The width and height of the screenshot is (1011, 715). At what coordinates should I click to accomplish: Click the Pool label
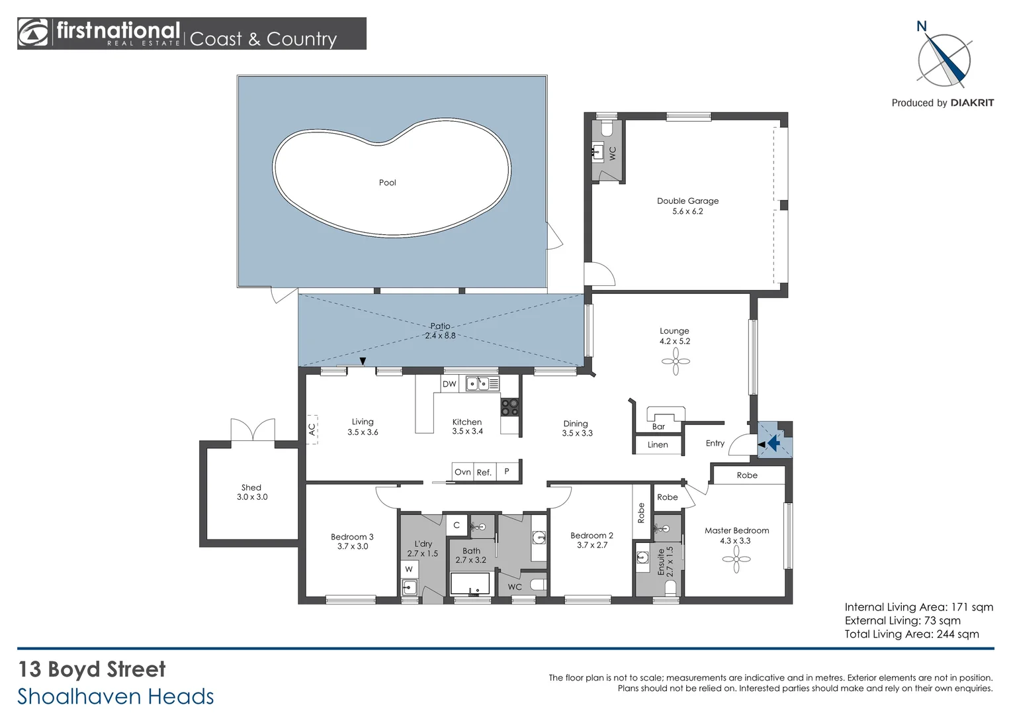click(387, 183)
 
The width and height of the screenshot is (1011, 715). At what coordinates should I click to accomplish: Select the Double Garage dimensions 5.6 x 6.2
click(687, 212)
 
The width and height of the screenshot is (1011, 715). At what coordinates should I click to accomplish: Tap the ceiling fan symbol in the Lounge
click(676, 361)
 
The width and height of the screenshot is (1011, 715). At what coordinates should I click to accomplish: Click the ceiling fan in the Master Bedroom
click(736, 559)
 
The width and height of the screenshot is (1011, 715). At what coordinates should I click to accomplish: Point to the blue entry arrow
click(771, 442)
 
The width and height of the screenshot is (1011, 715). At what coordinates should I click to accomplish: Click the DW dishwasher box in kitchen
click(449, 384)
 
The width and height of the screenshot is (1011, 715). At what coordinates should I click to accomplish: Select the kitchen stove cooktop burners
click(509, 407)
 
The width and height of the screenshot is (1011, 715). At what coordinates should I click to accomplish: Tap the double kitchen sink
click(478, 383)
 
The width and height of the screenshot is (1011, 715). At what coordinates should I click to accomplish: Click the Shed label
click(251, 488)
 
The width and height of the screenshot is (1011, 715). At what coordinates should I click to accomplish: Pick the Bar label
click(658, 427)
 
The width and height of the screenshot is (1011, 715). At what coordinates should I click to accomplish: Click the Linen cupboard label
click(658, 445)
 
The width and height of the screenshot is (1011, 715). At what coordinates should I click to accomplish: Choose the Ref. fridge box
click(484, 472)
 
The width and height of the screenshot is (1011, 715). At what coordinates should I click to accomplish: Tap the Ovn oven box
click(462, 472)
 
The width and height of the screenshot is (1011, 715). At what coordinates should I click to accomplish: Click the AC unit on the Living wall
click(312, 430)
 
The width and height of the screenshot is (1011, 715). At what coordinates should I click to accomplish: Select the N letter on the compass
click(922, 26)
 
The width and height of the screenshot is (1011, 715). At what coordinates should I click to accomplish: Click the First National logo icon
click(34, 33)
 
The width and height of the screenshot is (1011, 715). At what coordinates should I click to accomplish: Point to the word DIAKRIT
click(972, 103)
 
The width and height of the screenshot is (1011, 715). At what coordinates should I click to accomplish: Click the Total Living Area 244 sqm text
click(911, 634)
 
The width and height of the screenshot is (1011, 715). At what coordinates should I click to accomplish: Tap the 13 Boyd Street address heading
click(92, 669)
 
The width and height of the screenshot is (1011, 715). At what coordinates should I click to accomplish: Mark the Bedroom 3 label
click(352, 537)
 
